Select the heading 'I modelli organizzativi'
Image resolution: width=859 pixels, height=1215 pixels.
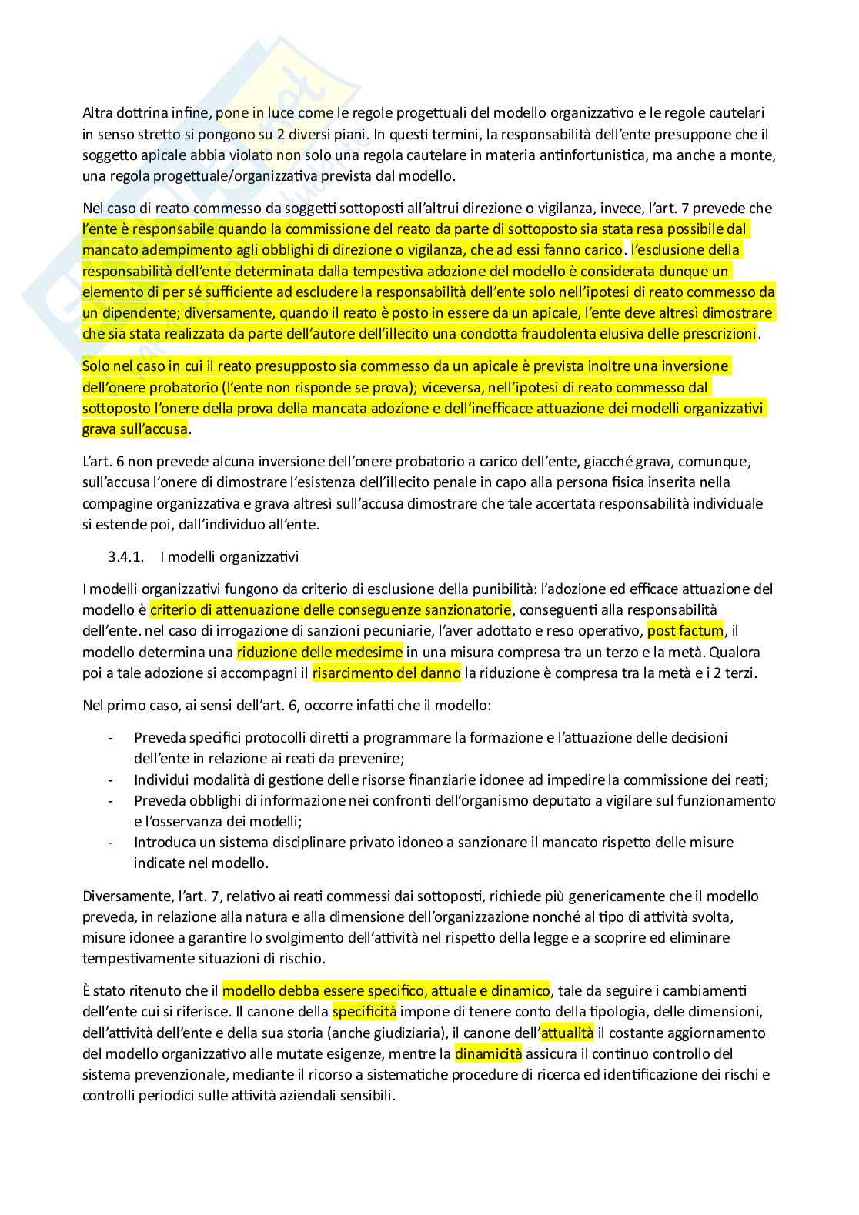pos(229,556)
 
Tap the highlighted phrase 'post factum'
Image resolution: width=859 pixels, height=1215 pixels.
pos(686,631)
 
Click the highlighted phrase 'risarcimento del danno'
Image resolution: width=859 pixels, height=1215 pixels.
pos(386,673)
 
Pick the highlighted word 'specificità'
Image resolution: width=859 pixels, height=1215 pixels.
pos(364,1011)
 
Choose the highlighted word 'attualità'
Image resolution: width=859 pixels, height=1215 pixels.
pos(567,1033)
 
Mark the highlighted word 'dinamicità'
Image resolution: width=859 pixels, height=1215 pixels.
pos(488,1053)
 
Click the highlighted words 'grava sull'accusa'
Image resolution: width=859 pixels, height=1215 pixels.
pos(135,429)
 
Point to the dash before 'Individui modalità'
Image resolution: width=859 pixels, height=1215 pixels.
pos(112,779)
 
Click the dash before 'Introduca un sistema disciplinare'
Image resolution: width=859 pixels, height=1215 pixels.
pos(112,842)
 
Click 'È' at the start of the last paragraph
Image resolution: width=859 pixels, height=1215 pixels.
pos(86,990)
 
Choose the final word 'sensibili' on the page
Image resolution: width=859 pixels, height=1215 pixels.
pos(365,1095)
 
